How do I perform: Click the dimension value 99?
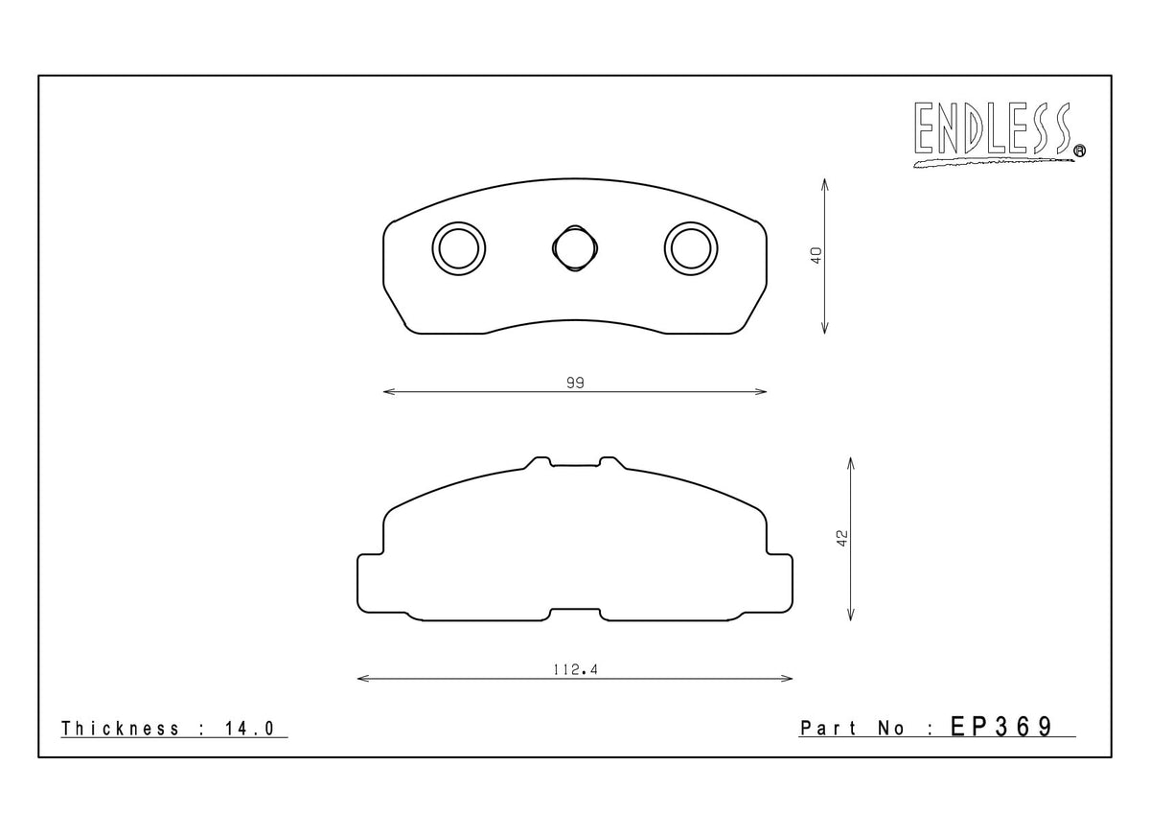tap(575, 383)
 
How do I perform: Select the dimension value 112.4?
tap(575, 670)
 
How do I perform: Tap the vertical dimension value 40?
tap(816, 256)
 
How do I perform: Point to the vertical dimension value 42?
tap(842, 538)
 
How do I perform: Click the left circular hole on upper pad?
tap(459, 249)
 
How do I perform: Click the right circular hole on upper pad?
tap(691, 249)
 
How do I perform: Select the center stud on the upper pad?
tap(575, 248)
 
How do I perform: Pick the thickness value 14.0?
tap(251, 729)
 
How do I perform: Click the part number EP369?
tap(1001, 727)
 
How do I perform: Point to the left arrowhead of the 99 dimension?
tap(386, 391)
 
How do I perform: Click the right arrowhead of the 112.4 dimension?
tap(789, 679)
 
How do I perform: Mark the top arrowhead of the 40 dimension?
tap(825, 181)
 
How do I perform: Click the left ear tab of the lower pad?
tap(370, 582)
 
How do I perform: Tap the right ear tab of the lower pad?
tap(780, 582)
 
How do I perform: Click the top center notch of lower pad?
tap(575, 463)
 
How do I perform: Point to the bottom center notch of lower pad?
tap(575, 613)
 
